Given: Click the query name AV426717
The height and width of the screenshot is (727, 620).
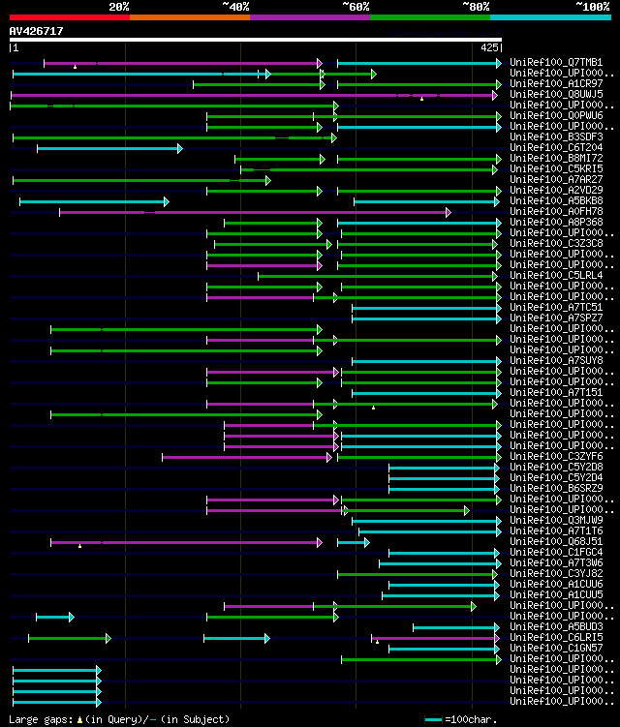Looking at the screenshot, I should pos(37,31).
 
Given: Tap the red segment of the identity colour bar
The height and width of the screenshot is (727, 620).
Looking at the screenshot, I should pos(69,16).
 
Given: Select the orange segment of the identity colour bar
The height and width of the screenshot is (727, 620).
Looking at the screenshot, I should pos(189,16).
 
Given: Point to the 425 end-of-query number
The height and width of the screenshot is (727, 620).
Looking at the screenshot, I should pos(489,46).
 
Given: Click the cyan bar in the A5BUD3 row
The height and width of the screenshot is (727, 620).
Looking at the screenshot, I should pos(454,627).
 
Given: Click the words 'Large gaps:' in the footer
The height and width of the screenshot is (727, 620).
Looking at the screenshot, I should pos(38,719).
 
